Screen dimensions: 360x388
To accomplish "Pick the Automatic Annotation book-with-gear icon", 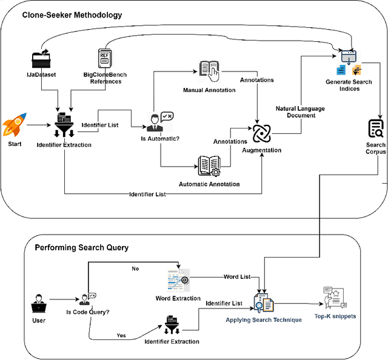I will tap(209, 165).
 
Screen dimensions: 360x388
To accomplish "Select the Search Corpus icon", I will tap(375, 129).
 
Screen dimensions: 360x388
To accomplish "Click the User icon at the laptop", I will tap(39, 302).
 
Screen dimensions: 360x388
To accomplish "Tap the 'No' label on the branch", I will tap(136, 268).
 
